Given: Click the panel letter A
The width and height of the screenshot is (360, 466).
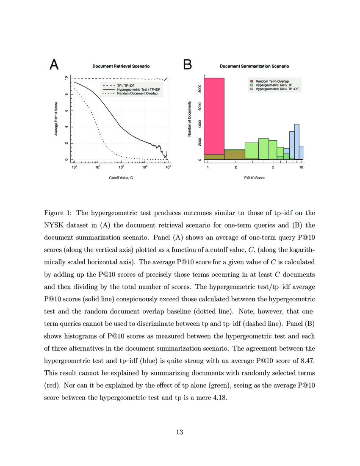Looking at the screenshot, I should [54, 65].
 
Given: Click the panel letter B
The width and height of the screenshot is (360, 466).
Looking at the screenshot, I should [187, 65].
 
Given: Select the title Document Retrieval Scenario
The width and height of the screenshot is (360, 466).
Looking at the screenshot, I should [121, 66].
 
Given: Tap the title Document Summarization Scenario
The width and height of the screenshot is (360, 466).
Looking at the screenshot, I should [254, 66].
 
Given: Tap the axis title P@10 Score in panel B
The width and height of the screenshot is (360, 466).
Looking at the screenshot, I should [254, 178].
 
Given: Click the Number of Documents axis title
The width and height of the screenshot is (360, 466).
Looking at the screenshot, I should [190, 119].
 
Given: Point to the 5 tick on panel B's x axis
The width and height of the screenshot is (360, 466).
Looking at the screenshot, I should [274, 167].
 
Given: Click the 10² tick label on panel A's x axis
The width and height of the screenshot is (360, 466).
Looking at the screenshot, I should [121, 167].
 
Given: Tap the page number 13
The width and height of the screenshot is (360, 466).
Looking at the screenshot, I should [180, 432].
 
